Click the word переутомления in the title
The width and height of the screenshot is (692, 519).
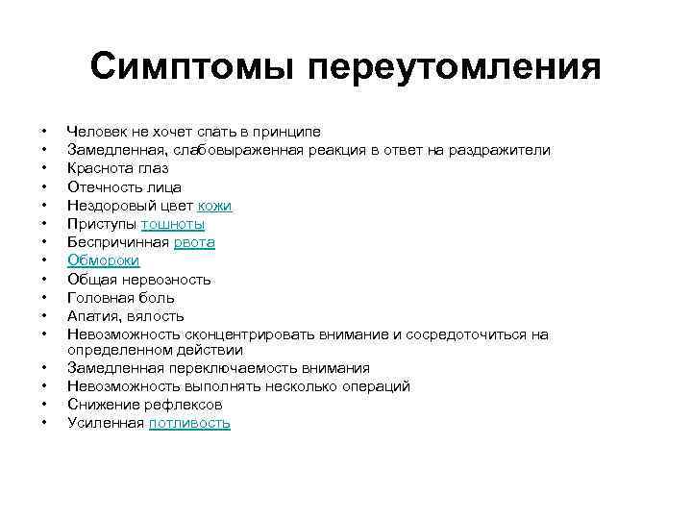tap(452, 68)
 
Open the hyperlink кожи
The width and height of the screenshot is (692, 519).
tap(215, 206)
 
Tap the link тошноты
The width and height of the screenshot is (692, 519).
tap(173, 224)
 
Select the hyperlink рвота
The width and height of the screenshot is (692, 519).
tap(195, 242)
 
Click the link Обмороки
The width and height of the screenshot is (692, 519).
tap(104, 260)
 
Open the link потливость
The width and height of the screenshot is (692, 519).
tap(189, 423)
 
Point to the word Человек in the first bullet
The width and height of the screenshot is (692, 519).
tap(98, 132)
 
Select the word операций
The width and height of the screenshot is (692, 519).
tap(377, 386)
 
